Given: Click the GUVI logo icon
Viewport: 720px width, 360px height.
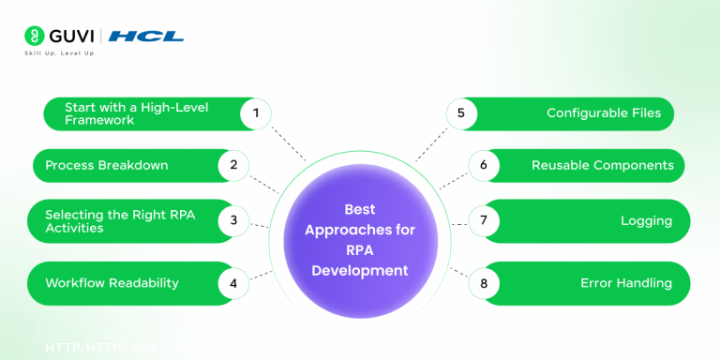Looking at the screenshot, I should (x=35, y=36).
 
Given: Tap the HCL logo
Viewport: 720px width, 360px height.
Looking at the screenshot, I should (x=146, y=37).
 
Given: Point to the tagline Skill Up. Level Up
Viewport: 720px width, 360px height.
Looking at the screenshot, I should (x=59, y=53).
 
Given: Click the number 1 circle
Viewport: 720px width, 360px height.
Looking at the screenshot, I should (x=255, y=114).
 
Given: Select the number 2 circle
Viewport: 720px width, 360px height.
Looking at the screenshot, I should (x=233, y=166).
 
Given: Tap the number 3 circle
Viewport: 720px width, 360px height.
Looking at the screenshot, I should (x=233, y=221).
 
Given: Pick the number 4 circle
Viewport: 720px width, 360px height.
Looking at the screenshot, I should (x=233, y=283).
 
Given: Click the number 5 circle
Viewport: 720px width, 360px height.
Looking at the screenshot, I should (x=460, y=113).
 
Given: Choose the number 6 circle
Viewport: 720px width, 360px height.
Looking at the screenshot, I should (x=484, y=166).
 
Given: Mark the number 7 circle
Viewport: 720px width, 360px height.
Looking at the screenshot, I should (x=484, y=221).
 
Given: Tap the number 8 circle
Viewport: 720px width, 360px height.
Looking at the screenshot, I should (x=484, y=283).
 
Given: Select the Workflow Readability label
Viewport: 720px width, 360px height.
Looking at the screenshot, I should (x=112, y=283).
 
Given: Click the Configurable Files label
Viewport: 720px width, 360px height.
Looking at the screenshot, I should (x=604, y=113).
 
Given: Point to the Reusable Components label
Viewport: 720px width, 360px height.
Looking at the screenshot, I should (x=602, y=166).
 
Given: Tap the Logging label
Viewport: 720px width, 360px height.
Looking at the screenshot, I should (x=646, y=221).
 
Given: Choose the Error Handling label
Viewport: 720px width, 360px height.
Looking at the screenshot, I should (x=626, y=283).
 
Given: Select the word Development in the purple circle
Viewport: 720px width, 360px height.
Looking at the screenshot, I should (x=361, y=271).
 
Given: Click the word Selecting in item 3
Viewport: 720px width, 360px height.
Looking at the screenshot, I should (x=73, y=215).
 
